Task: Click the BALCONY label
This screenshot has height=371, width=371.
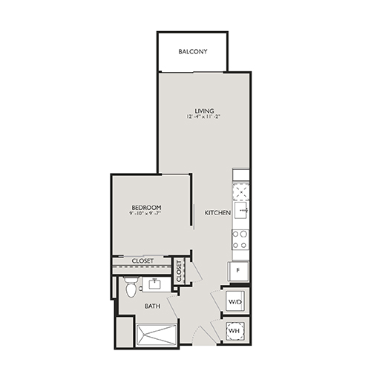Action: tap(193, 52)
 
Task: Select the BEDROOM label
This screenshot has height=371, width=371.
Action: tap(146, 207)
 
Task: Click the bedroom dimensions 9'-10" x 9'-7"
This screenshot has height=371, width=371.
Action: tap(146, 214)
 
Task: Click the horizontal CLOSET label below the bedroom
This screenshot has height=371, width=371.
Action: tap(142, 261)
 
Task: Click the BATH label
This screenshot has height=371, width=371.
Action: tap(153, 306)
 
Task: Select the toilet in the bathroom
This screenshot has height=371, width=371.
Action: tap(131, 286)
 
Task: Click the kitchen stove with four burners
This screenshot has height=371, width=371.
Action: tap(240, 239)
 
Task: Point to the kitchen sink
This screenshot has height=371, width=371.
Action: tap(240, 211)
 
